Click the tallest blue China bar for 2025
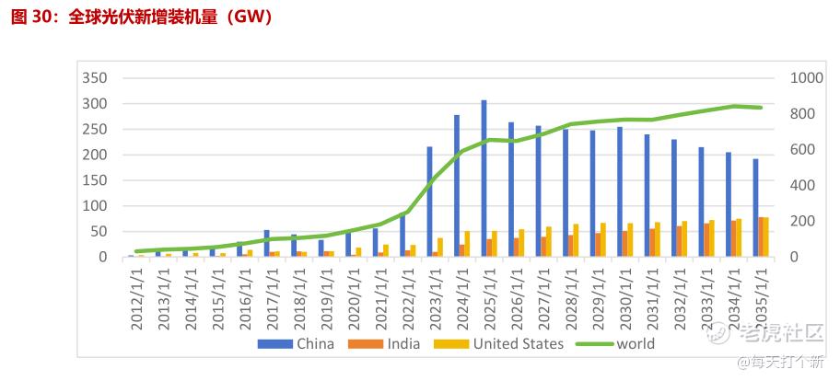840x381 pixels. click(x=484, y=179)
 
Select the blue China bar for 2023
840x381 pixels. click(x=429, y=202)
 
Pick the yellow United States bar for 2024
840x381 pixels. click(x=467, y=244)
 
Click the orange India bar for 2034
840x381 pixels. click(x=733, y=238)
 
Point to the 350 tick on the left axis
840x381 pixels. click(x=96, y=78)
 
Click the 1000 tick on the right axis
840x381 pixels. click(x=806, y=78)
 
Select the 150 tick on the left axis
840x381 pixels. click(x=96, y=180)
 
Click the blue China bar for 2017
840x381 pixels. click(x=266, y=243)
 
